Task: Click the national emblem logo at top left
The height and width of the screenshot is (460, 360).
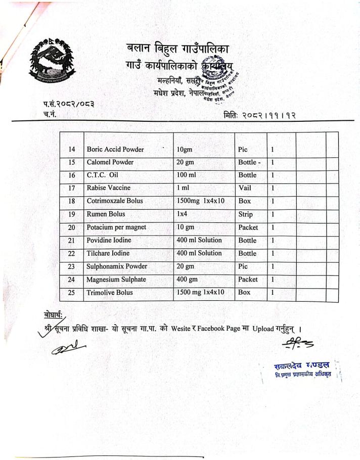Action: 52,61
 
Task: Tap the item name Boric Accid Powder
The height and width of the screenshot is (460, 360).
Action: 115,150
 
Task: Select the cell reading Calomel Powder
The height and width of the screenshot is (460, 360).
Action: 110,162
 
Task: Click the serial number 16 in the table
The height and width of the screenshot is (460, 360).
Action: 72,175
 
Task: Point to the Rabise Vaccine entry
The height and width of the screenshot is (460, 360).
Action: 108,188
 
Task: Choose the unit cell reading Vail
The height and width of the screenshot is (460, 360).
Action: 245,188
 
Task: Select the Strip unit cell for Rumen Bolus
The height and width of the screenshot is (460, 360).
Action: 246,214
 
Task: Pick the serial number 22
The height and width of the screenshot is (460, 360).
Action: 72,253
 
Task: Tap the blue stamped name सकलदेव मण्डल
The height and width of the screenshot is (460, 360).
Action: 301,364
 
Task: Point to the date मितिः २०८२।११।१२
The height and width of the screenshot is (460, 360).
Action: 259,116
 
